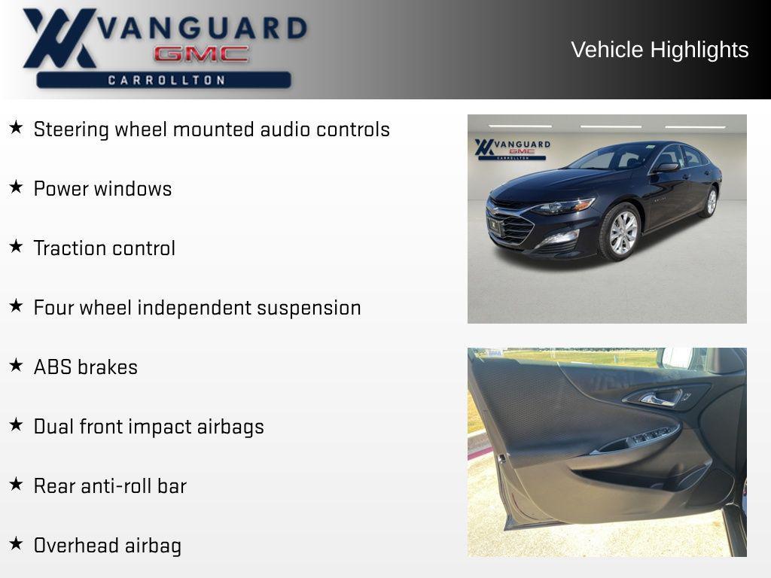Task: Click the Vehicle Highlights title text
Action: point(660,50)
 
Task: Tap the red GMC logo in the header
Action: point(201,54)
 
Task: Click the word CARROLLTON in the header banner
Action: point(166,80)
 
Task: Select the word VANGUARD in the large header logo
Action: point(203,29)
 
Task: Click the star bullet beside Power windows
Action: point(16,187)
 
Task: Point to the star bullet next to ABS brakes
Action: point(16,366)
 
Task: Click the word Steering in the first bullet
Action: point(72,129)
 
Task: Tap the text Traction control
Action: point(104,248)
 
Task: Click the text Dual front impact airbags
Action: point(148,427)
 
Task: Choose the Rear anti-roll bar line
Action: point(110,486)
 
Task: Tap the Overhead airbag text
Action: point(107,546)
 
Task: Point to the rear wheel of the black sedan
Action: point(711,202)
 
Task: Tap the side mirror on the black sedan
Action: point(666,167)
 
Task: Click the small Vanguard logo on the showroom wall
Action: point(512,148)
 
